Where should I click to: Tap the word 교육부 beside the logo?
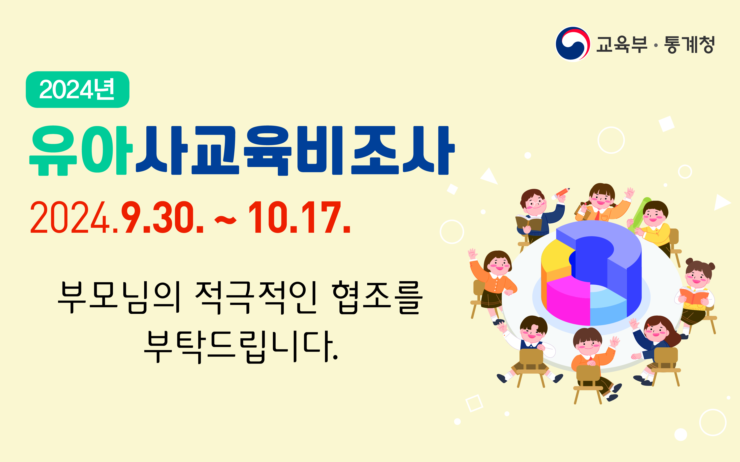[x=621, y=45]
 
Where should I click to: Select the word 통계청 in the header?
[x=689, y=45]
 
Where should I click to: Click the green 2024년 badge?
[x=78, y=90]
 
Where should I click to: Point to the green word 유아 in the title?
[x=81, y=151]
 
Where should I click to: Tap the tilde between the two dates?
[x=225, y=220]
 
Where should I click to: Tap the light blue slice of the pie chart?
[x=608, y=305]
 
